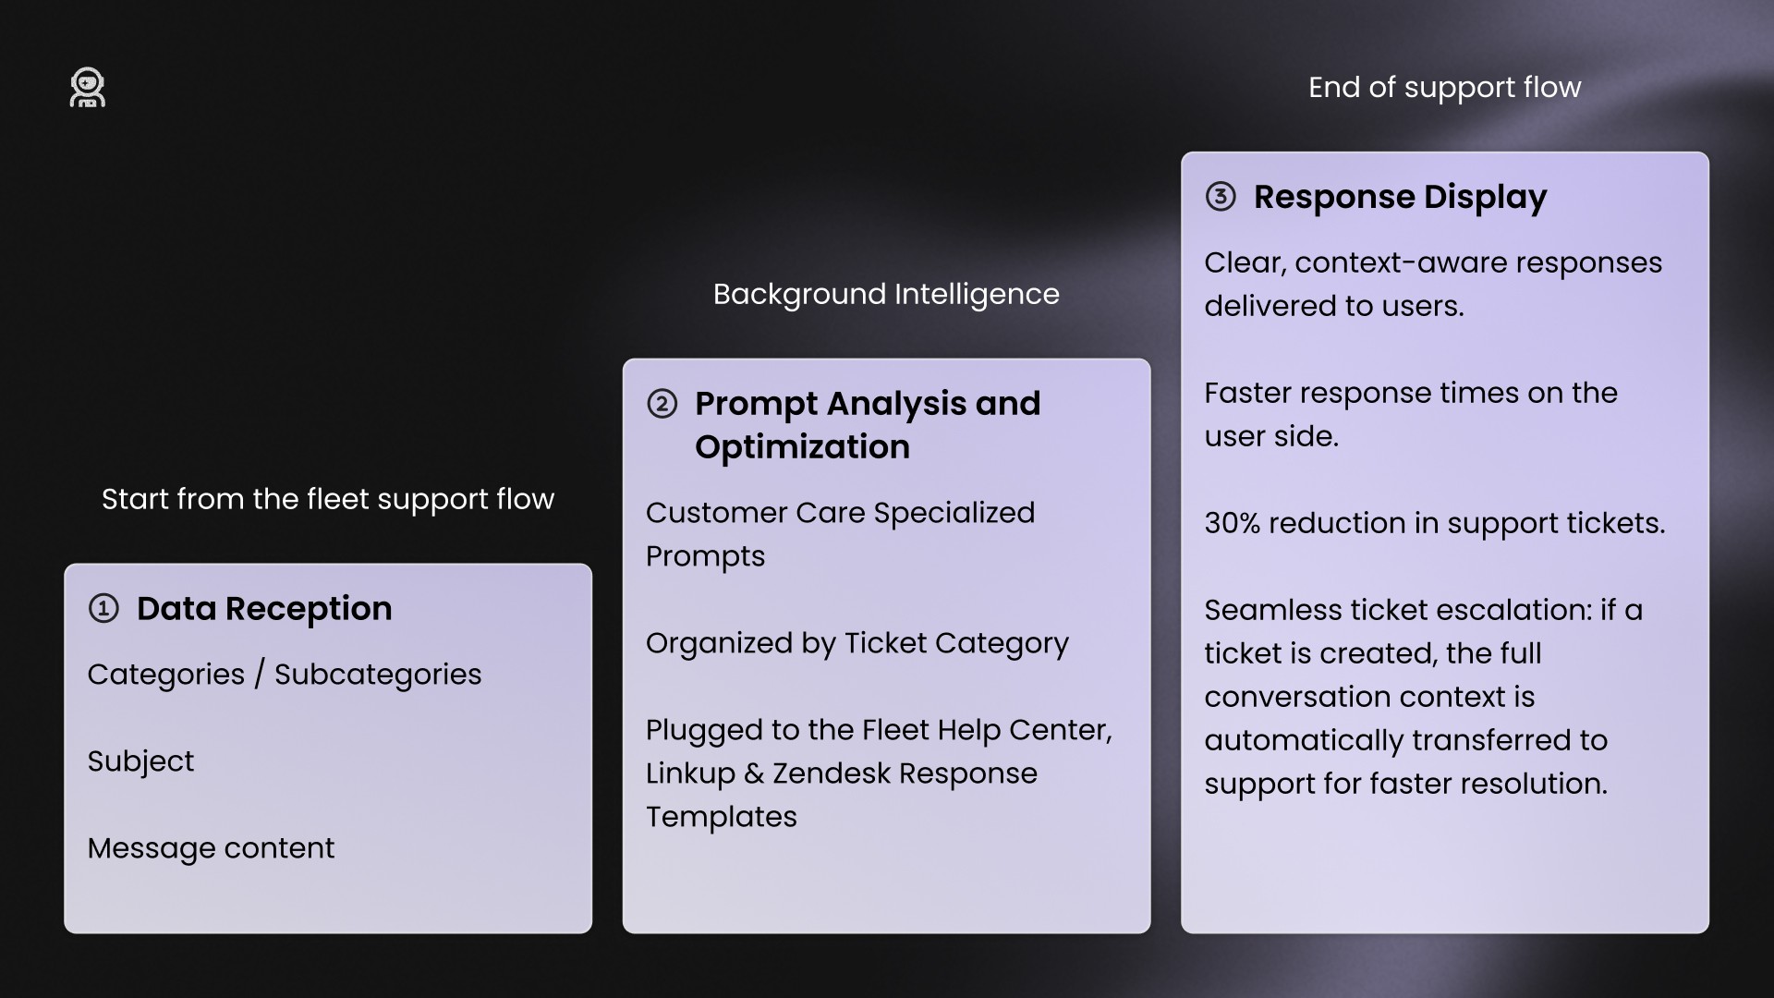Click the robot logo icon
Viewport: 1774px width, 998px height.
click(x=88, y=88)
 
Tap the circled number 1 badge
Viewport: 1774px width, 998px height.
click(x=103, y=608)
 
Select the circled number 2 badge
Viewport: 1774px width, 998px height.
click(x=662, y=404)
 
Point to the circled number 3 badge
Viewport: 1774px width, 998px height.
click(x=1221, y=197)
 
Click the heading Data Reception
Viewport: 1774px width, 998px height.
click(x=264, y=608)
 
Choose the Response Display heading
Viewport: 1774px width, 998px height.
click(x=1400, y=198)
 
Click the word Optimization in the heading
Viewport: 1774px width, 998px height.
click(x=802, y=447)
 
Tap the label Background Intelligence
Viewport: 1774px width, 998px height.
click(x=886, y=294)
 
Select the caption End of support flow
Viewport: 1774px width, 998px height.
click(x=1444, y=88)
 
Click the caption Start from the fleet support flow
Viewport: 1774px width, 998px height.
click(x=328, y=499)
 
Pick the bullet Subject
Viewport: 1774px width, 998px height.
click(x=140, y=761)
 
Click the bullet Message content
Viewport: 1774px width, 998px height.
click(x=211, y=848)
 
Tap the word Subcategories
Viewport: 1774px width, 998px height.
click(x=378, y=675)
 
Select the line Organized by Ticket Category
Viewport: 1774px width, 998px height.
click(x=857, y=643)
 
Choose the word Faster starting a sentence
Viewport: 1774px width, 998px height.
click(x=1247, y=393)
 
